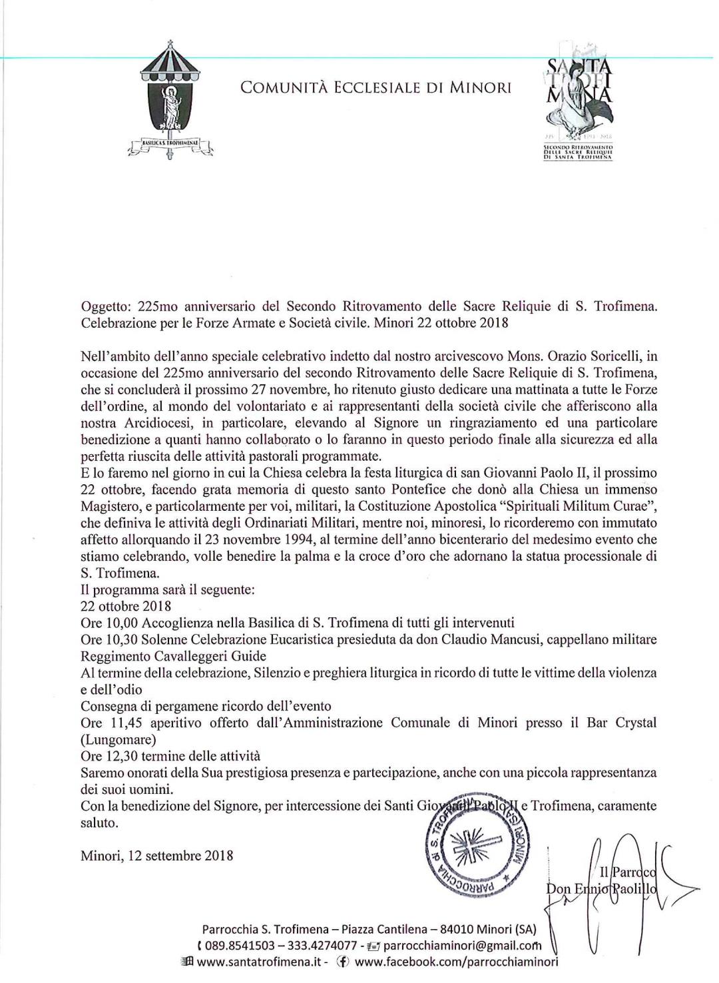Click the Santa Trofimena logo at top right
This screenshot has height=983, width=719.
[577, 107]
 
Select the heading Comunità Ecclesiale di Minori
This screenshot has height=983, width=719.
[376, 87]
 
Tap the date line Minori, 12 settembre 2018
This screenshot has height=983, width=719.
[156, 855]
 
